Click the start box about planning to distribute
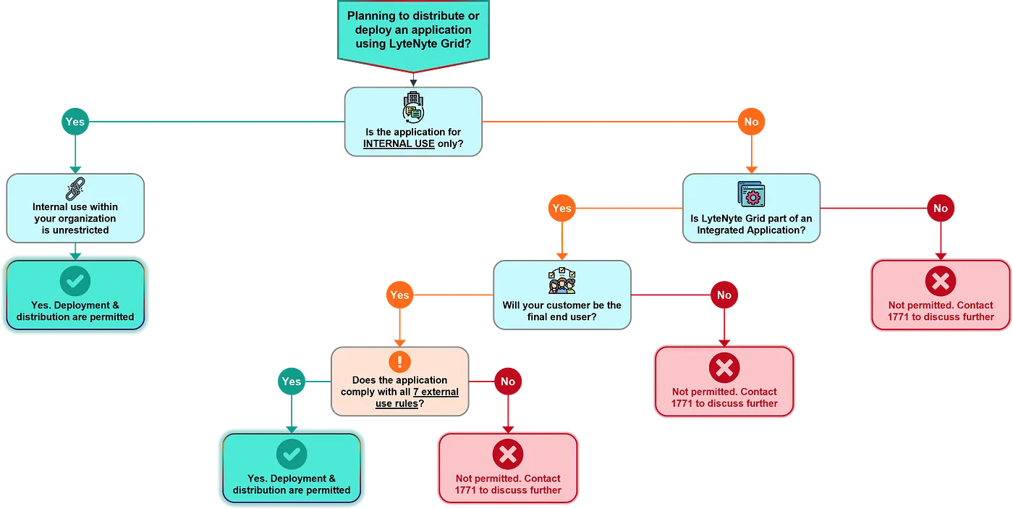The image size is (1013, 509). point(413,30)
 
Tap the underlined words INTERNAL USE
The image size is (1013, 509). point(399,143)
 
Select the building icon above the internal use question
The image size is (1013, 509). point(413,107)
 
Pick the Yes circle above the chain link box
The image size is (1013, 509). point(75,122)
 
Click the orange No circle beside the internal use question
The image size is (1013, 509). point(751,122)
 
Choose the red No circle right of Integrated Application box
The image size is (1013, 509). point(940,209)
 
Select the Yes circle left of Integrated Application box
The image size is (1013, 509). point(561,209)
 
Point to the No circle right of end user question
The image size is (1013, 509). point(724,295)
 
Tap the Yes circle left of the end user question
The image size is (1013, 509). point(399,295)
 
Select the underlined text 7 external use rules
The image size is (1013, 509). point(418,397)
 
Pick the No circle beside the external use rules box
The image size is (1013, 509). point(508,382)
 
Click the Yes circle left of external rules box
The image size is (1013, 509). point(291,382)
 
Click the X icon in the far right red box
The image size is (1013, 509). point(941,282)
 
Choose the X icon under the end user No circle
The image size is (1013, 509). point(724,368)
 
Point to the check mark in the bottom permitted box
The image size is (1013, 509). point(292,455)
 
